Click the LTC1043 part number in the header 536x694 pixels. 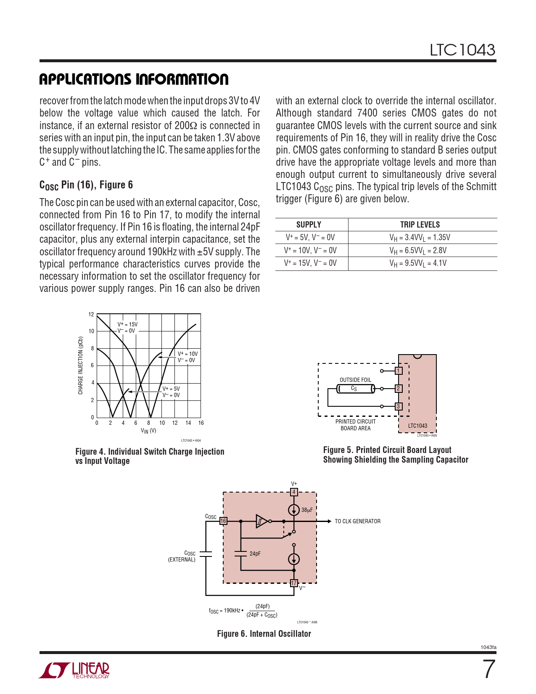pyautogui.click(x=462, y=50)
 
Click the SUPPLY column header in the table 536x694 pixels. pyautogui.click(x=309, y=225)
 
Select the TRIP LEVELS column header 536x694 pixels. pyautogui.click(x=420, y=225)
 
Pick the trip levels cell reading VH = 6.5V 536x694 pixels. pyautogui.click(x=418, y=251)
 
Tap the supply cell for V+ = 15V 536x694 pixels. pyautogui.click(x=310, y=263)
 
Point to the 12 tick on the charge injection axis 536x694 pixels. pyautogui.click(x=91, y=314)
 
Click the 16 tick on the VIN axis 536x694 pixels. pyautogui.click(x=201, y=423)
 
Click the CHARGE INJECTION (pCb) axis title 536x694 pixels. pyautogui.click(x=80, y=366)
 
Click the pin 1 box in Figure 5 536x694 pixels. pyautogui.click(x=399, y=371)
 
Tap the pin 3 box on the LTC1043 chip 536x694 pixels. pyautogui.click(x=399, y=406)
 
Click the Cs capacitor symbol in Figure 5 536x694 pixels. pyautogui.click(x=355, y=389)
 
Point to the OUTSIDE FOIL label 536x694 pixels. pyautogui.click(x=355, y=380)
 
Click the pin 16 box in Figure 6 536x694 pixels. pyautogui.click(x=223, y=521)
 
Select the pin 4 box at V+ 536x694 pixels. pyautogui.click(x=294, y=492)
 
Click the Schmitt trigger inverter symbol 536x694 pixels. pyautogui.click(x=262, y=521)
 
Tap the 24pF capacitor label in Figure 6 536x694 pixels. pyautogui.click(x=255, y=554)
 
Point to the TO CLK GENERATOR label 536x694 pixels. pyautogui.click(x=357, y=521)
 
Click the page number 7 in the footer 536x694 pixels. pyautogui.click(x=488, y=669)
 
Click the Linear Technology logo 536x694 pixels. pyautogui.click(x=74, y=670)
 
